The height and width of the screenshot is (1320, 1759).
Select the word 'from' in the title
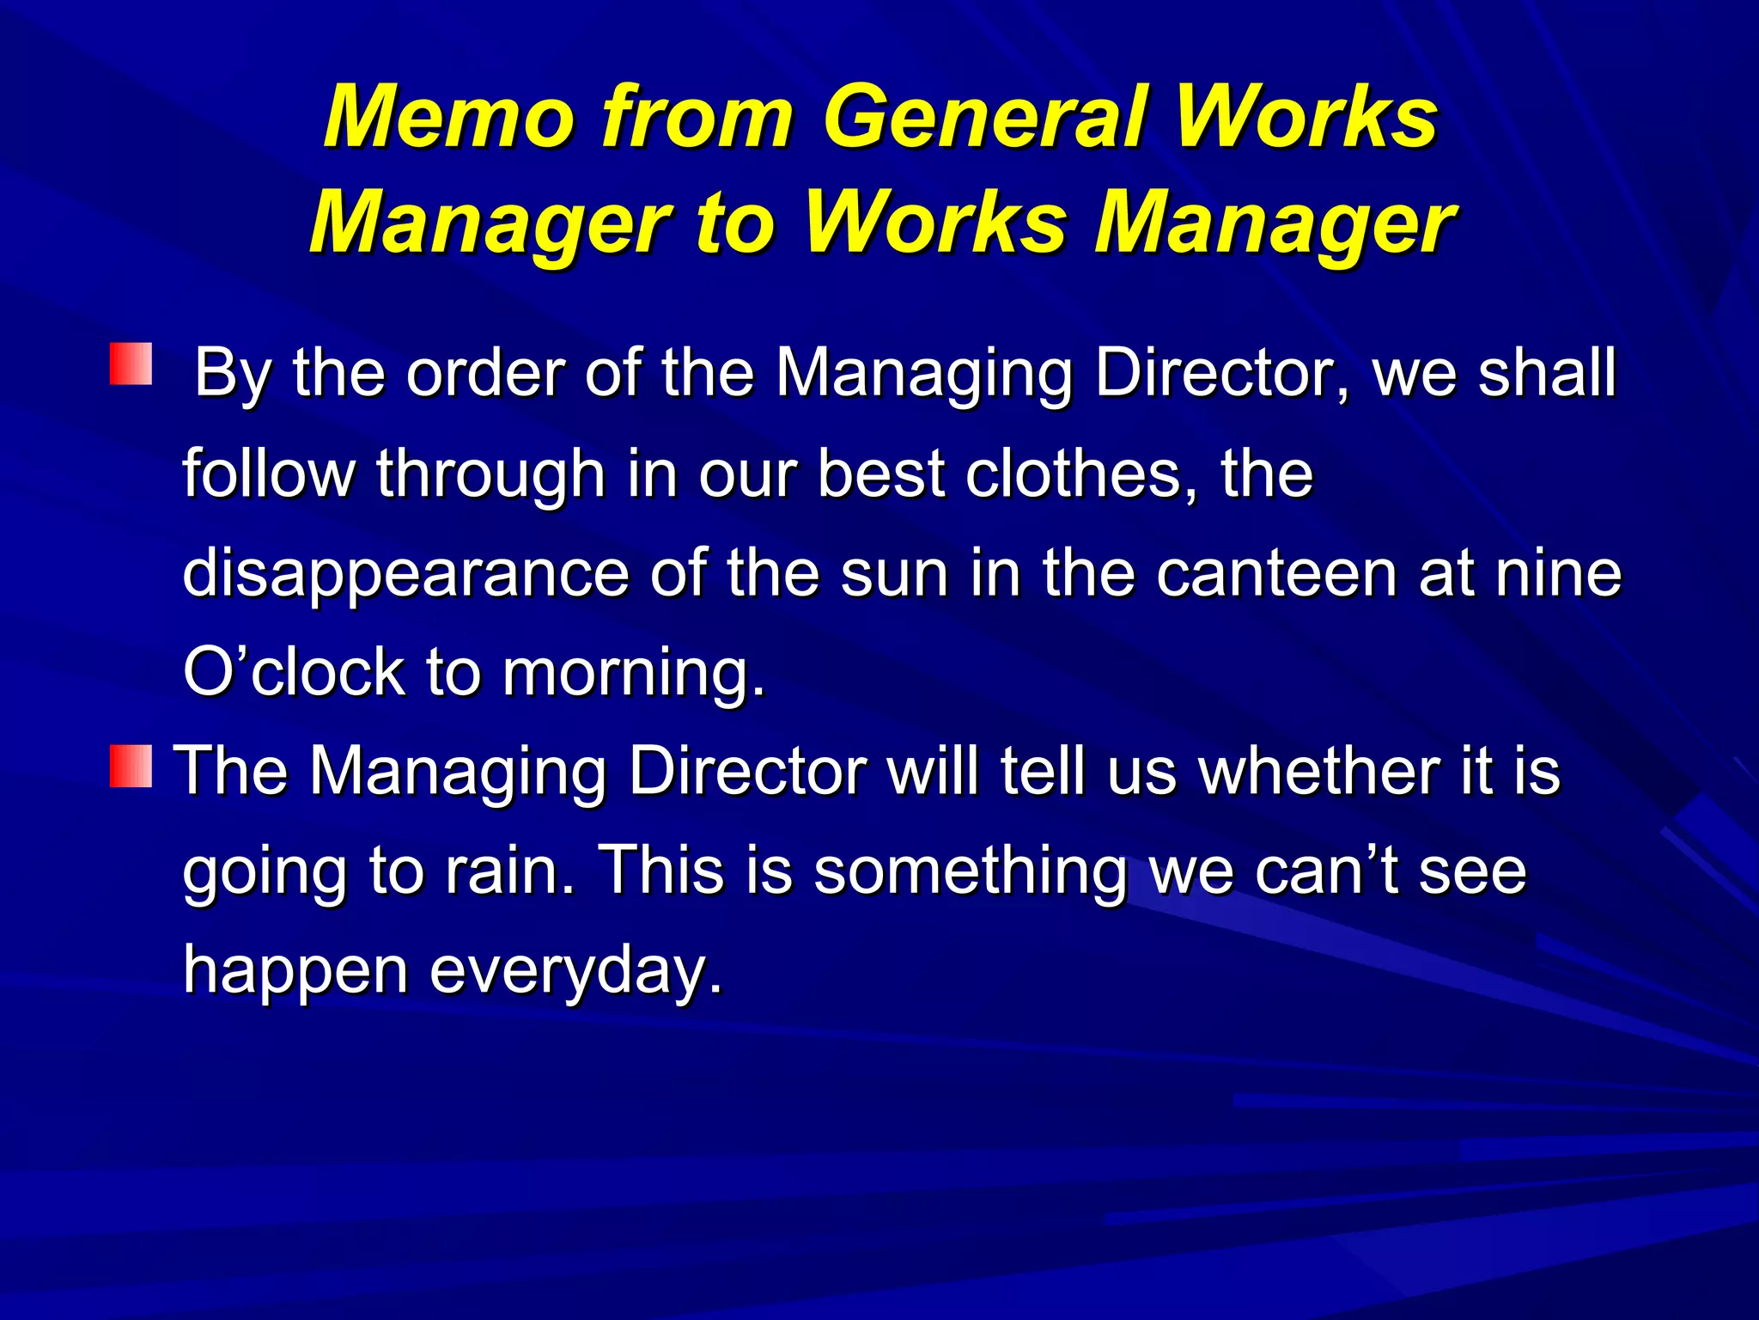[x=697, y=118]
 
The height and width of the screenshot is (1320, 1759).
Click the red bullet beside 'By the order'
[x=131, y=364]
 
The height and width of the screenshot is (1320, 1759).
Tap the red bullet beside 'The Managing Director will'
[x=131, y=767]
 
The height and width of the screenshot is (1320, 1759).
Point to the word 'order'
[x=484, y=374]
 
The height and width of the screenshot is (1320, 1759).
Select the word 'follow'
[x=269, y=474]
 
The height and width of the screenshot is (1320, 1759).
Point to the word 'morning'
[x=632, y=673]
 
